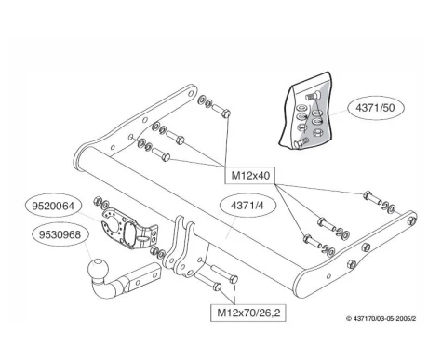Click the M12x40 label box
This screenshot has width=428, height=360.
pos(249,176)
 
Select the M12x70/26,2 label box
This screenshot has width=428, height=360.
pos(247,313)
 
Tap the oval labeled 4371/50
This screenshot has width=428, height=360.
pos(376,108)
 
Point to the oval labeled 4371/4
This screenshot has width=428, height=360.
pos(247,206)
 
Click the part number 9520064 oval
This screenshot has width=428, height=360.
pos(53,206)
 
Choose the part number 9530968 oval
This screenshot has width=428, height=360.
pos(60,234)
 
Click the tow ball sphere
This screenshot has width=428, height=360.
pos(98,269)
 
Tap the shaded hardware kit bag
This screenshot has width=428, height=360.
pos(307,111)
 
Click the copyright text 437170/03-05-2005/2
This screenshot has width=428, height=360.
pos(381,318)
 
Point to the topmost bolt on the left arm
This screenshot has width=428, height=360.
pos(221,111)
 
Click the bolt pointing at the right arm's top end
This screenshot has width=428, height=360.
pos(371,196)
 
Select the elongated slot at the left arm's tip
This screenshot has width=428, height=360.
pos(192,92)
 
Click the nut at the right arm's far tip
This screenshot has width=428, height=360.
pos(411,220)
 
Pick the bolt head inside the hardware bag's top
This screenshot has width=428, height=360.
pos(311,96)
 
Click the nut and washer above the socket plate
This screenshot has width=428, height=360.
pos(101,203)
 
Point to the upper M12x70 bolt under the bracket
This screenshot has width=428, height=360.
pos(224,273)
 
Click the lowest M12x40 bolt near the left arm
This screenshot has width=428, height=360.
pos(161,153)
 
